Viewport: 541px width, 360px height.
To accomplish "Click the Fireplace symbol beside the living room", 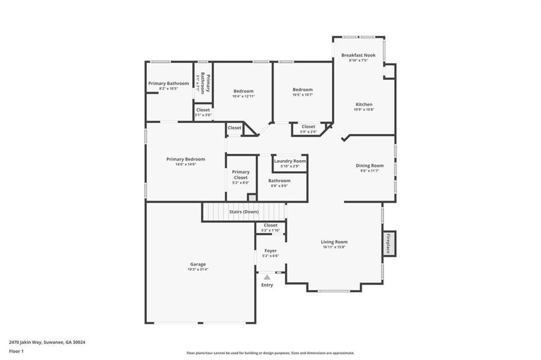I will click(x=389, y=244).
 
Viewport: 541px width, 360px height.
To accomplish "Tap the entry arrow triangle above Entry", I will click(x=267, y=277).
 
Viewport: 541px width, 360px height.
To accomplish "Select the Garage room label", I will click(x=198, y=264).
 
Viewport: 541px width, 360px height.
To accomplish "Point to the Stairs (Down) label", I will click(x=244, y=212).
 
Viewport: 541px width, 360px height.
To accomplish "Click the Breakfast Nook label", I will click(x=358, y=55).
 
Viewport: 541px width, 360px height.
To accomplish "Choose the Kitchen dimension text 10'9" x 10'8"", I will click(x=363, y=110).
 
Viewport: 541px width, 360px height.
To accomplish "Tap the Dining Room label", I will click(x=369, y=165).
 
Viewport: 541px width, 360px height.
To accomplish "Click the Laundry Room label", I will click(x=290, y=161).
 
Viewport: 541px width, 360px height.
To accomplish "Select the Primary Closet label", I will click(x=241, y=174).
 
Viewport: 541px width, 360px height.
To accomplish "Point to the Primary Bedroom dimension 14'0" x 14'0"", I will click(x=185, y=164).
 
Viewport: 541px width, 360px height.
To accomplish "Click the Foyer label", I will click(x=270, y=251).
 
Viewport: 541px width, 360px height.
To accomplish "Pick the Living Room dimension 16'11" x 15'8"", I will click(x=334, y=247).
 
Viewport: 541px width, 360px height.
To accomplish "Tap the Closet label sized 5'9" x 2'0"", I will click(x=309, y=126).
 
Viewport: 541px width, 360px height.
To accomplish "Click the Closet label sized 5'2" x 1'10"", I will click(x=270, y=225).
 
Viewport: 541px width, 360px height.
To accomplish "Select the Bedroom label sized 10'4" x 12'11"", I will click(x=244, y=91).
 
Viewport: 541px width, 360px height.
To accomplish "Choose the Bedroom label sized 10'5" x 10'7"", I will click(x=303, y=89).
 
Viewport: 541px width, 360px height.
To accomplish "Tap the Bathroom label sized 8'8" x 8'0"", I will click(x=279, y=180).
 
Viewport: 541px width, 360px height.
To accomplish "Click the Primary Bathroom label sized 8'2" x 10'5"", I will click(x=169, y=84).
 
